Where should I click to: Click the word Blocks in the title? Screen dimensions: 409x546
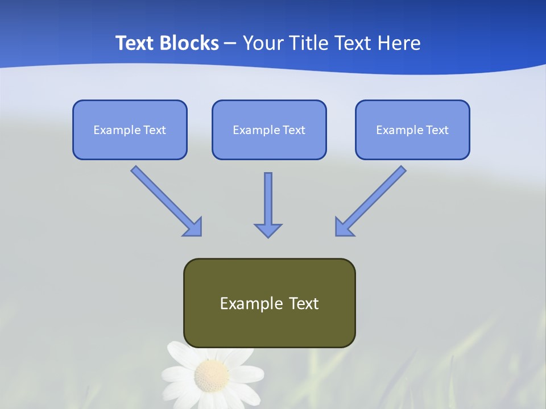pyautogui.click(x=188, y=43)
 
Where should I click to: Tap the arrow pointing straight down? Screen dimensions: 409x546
pyautogui.click(x=268, y=204)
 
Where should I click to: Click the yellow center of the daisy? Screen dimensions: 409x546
pyautogui.click(x=212, y=375)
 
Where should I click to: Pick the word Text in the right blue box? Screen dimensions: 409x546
pyautogui.click(x=437, y=130)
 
